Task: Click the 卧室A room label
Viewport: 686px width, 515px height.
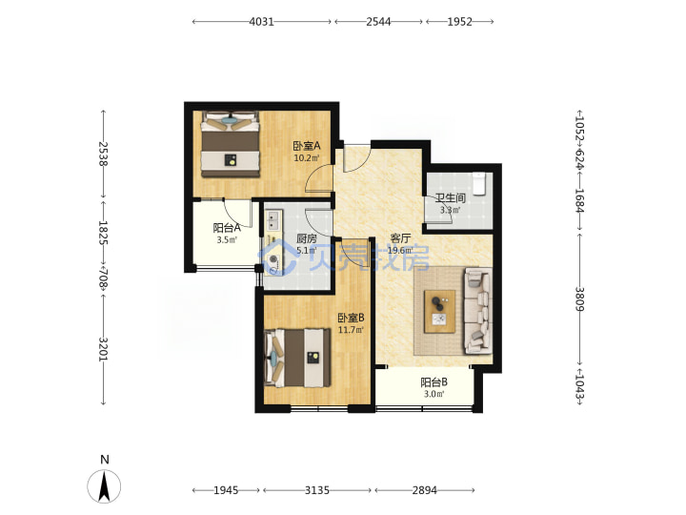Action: click(307, 146)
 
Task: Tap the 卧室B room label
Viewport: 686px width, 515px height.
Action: click(351, 318)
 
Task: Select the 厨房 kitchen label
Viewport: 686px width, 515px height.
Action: click(307, 238)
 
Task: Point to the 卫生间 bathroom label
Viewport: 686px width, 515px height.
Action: click(450, 198)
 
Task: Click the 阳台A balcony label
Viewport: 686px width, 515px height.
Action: click(227, 228)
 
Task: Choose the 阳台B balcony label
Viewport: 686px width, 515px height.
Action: click(434, 382)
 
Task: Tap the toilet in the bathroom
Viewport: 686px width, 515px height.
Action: click(479, 183)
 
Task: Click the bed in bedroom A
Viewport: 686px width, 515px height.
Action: click(231, 145)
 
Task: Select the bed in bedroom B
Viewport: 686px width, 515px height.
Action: click(297, 359)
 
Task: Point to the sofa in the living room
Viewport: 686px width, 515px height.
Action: click(477, 311)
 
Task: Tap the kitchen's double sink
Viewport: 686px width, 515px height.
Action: click(273, 220)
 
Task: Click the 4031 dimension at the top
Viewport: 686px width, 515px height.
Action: click(262, 21)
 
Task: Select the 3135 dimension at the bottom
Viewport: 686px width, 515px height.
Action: click(317, 490)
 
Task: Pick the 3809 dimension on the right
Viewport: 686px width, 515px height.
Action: click(579, 299)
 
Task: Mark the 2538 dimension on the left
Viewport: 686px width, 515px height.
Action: click(103, 154)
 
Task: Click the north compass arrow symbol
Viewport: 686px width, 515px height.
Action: click(104, 486)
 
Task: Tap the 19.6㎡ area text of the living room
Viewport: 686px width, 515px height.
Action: click(400, 251)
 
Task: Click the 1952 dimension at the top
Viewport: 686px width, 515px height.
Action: click(460, 21)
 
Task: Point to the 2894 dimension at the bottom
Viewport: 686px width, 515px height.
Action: click(424, 490)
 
